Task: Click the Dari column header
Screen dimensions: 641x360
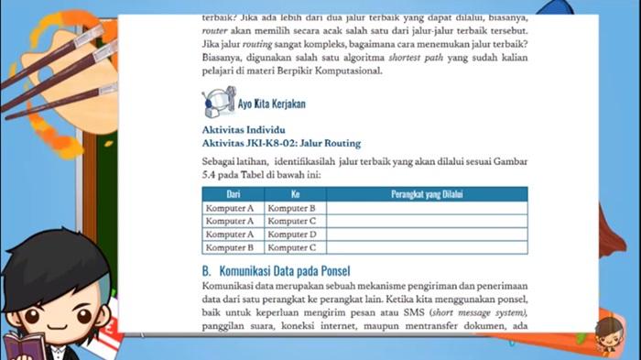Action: click(x=233, y=194)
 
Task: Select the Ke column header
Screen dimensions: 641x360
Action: click(x=295, y=194)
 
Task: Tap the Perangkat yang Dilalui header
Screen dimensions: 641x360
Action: click(x=427, y=194)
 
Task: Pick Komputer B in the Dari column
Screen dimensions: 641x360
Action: click(x=229, y=247)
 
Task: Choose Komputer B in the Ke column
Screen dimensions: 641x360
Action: click(x=291, y=208)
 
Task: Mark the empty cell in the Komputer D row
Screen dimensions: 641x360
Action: click(x=427, y=234)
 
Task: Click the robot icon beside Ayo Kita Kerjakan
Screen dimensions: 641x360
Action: click(x=217, y=103)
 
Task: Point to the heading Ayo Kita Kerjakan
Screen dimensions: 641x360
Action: click(x=271, y=104)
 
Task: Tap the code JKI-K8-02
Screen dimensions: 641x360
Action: click(x=275, y=143)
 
